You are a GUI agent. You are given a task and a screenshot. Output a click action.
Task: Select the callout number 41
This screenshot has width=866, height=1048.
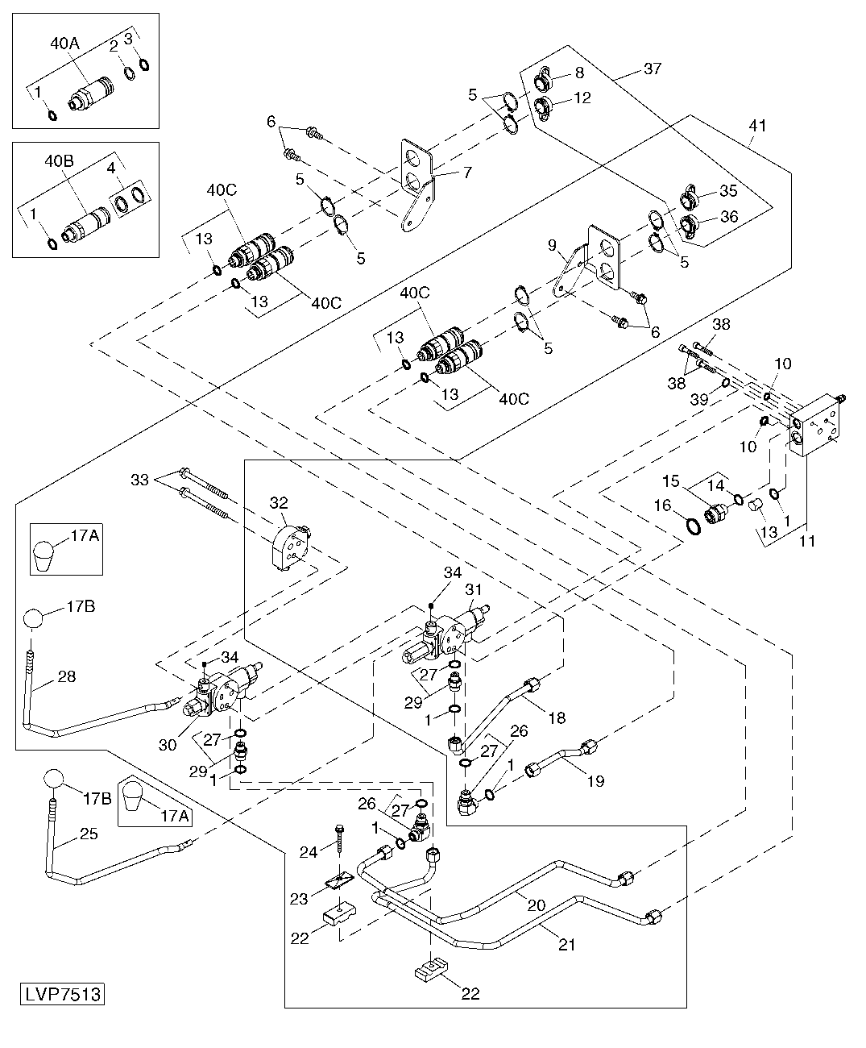(757, 125)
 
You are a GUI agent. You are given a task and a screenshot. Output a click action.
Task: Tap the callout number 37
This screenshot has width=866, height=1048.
(653, 69)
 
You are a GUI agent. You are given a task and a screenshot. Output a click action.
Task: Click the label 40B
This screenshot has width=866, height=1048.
(59, 161)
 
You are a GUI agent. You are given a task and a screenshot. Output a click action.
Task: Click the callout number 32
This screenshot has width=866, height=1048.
(279, 503)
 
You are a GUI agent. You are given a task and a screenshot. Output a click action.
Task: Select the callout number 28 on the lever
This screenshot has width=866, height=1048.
(67, 676)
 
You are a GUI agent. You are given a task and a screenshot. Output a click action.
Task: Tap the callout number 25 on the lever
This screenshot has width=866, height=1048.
(89, 834)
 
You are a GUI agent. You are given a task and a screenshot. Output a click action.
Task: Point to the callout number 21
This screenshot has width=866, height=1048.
(567, 944)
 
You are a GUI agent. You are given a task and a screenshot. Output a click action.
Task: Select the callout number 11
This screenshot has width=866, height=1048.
(807, 541)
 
